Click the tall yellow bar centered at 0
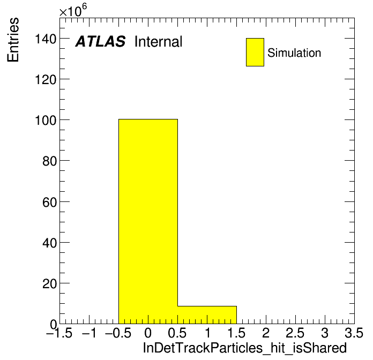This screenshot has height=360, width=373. (x=148, y=221)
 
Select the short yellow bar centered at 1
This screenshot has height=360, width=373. (x=207, y=315)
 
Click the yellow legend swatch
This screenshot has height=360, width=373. (x=255, y=52)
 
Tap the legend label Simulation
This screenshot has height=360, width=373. (x=294, y=53)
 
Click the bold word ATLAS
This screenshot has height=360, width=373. (x=100, y=41)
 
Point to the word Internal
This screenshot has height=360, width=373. (x=159, y=42)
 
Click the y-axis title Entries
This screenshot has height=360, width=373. (x=13, y=40)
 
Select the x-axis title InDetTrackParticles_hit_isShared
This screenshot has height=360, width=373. (x=245, y=348)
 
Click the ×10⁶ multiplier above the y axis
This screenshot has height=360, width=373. (x=73, y=10)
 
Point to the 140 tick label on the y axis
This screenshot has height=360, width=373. (x=46, y=39)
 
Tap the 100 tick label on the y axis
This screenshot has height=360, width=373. (x=46, y=121)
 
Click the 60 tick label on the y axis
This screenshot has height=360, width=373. (x=49, y=202)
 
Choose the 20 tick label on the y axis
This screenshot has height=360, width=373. (x=49, y=284)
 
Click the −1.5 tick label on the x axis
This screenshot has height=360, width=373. (x=59, y=333)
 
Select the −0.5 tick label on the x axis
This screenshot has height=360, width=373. (x=118, y=333)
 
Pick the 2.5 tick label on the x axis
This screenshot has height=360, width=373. (x=295, y=333)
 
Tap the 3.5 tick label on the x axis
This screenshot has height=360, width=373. (x=354, y=333)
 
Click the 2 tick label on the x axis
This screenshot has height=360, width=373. (x=266, y=333)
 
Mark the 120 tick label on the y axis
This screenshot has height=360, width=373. (x=46, y=80)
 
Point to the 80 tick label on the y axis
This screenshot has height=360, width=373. (x=49, y=161)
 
